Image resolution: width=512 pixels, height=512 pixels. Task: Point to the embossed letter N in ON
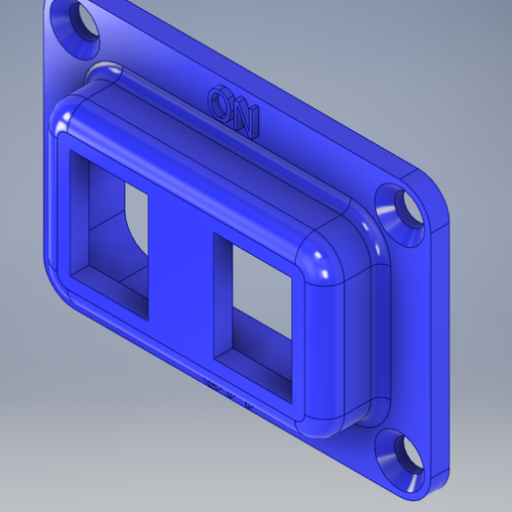pos(243,118)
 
